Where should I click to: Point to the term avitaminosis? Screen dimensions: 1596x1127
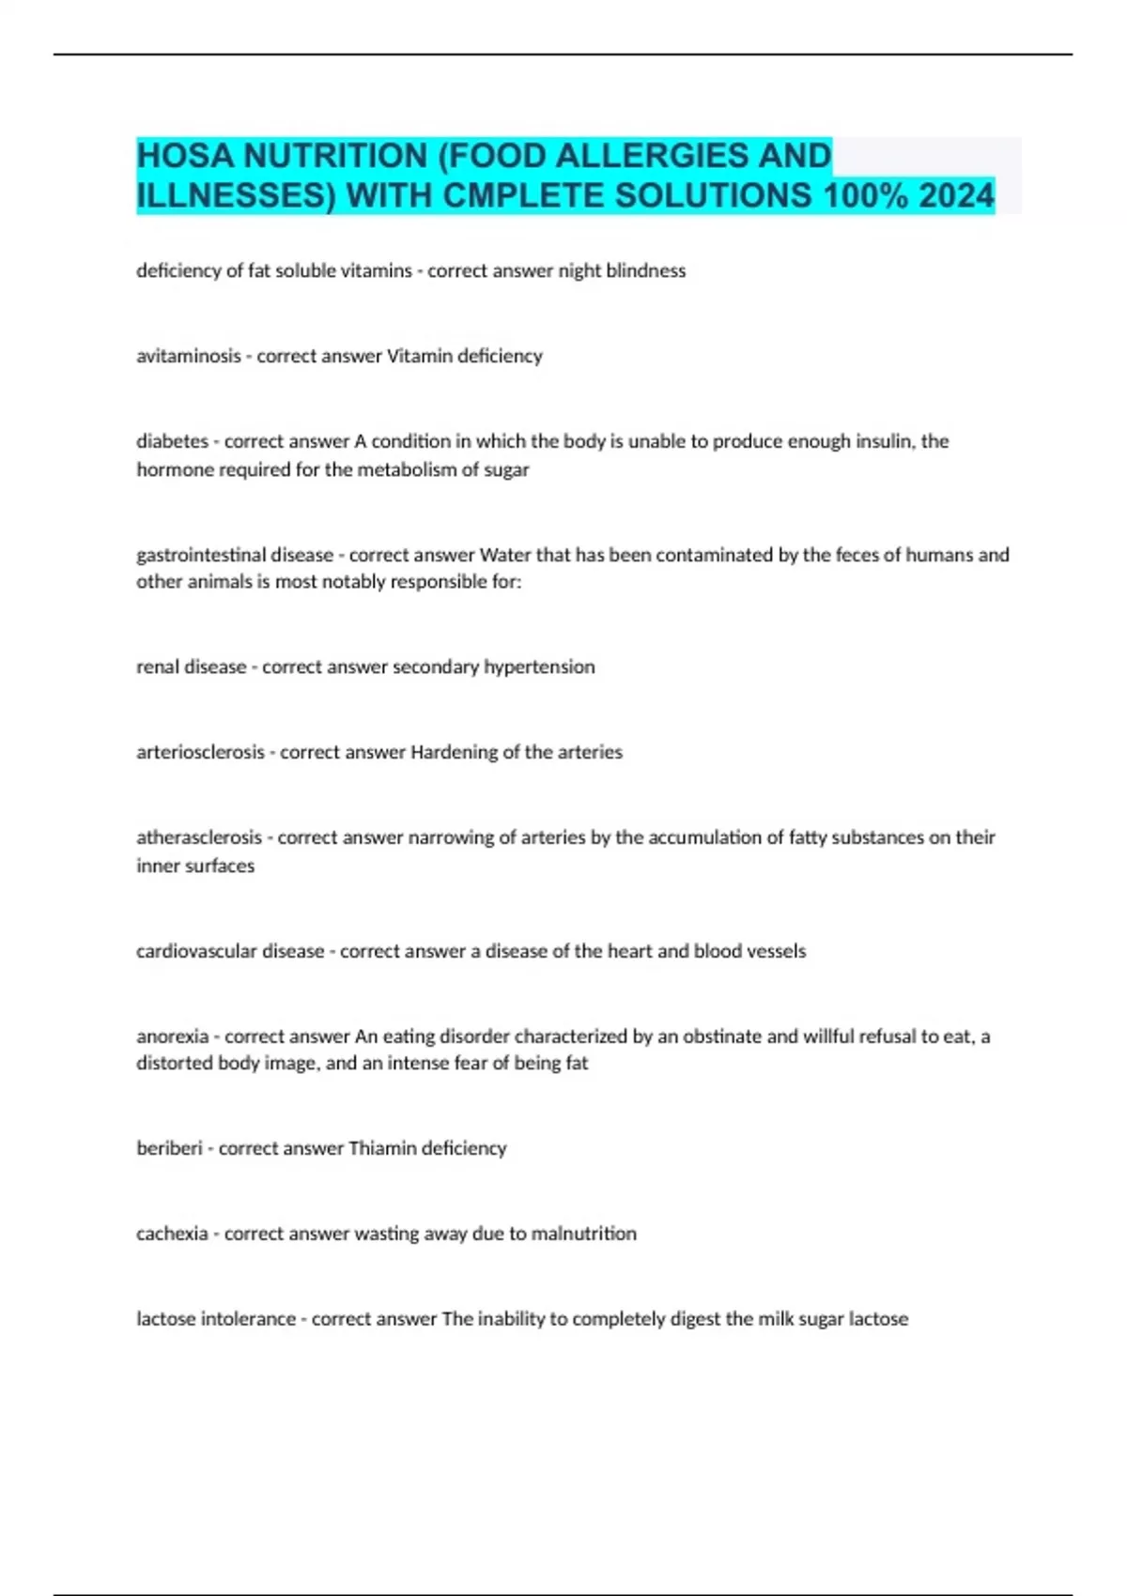188,356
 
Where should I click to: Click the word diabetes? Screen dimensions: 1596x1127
172,441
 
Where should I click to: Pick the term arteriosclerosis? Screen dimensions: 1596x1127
200,752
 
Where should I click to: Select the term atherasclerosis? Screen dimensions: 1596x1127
199,837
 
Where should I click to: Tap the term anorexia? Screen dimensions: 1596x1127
172,1036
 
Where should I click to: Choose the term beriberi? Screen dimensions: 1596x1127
169,1148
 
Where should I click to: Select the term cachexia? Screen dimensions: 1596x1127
172,1234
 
